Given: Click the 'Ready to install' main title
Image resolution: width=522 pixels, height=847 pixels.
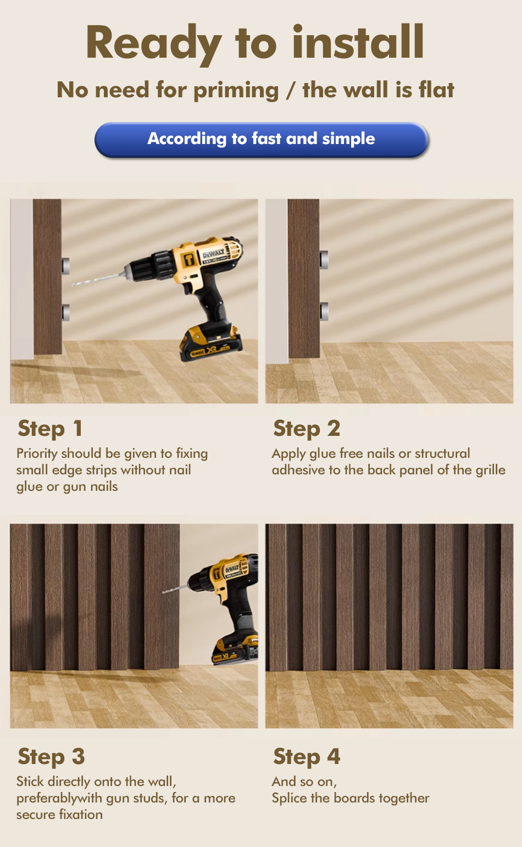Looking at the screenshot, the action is coord(255,42).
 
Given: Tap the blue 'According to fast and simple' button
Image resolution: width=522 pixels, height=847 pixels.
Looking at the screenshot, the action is coord(261,140).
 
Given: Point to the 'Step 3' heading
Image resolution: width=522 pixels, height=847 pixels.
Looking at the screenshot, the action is coord(51,757).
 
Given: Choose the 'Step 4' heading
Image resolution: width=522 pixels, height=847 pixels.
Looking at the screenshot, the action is coord(307,757).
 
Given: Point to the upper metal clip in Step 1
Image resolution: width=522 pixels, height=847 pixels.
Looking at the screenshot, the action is coord(66,266).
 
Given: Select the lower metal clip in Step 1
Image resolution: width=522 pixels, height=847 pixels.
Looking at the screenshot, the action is coord(66,312).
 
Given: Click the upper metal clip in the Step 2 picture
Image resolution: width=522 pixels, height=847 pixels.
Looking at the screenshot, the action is coord(324,259).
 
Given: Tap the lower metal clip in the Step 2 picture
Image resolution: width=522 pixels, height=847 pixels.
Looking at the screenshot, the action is coord(324,311).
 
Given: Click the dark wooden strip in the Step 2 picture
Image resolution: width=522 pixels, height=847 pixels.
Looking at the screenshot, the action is coord(303,279).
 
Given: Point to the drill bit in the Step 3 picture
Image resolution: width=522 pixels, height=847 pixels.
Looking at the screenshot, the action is coord(175,589).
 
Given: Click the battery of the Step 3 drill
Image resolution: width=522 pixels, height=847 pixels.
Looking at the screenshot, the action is coord(235,650).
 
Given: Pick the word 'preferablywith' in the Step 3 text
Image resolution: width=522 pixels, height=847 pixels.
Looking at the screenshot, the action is coord(59,798).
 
